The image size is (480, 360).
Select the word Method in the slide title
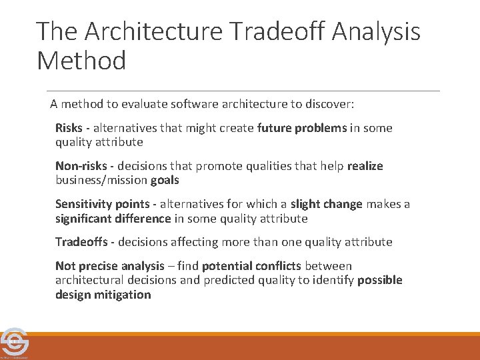pyautogui.click(x=81, y=61)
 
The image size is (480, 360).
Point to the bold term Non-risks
pyautogui.click(x=81, y=166)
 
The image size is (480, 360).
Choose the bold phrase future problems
pyautogui.click(x=302, y=128)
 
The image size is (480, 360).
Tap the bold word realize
pyautogui.click(x=365, y=166)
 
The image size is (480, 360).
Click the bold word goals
pyautogui.click(x=165, y=180)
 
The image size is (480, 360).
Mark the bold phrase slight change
pyautogui.click(x=326, y=204)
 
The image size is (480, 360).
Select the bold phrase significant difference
pyautogui.click(x=113, y=218)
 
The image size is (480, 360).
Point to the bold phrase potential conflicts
pyautogui.click(x=251, y=266)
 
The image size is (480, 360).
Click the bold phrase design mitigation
pyautogui.click(x=103, y=295)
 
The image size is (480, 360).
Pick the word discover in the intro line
pyautogui.click(x=331, y=104)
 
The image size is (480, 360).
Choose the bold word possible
pyautogui.click(x=380, y=280)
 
